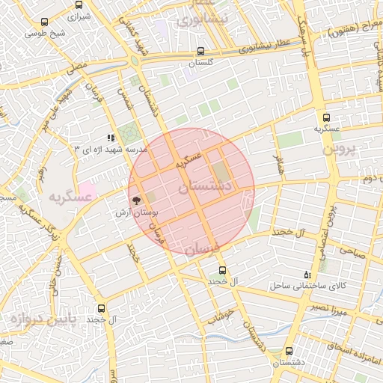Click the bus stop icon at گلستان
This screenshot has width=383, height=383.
[200, 52]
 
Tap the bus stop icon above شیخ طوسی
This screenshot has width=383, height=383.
[46, 23]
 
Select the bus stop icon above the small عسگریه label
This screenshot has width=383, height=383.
[325, 117]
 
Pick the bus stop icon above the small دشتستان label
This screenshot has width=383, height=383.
[289, 351]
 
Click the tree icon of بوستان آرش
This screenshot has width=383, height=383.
[136, 200]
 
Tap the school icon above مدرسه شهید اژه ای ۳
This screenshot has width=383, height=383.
[111, 138]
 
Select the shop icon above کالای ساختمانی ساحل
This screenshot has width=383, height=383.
[308, 276]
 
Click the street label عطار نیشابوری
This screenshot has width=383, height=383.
[263, 47]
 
